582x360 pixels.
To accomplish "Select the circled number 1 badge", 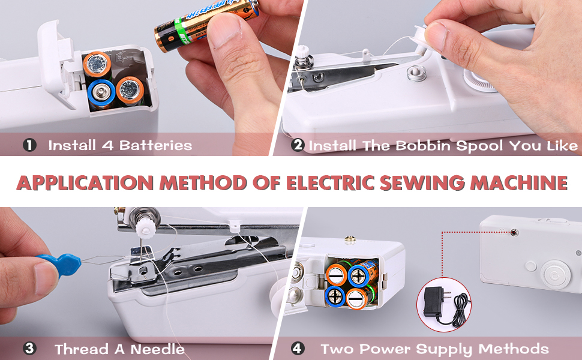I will point(29,145).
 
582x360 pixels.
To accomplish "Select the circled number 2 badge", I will point(298,145).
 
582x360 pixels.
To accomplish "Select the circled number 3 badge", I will point(29,349).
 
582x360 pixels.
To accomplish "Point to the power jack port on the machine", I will point(514,230).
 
